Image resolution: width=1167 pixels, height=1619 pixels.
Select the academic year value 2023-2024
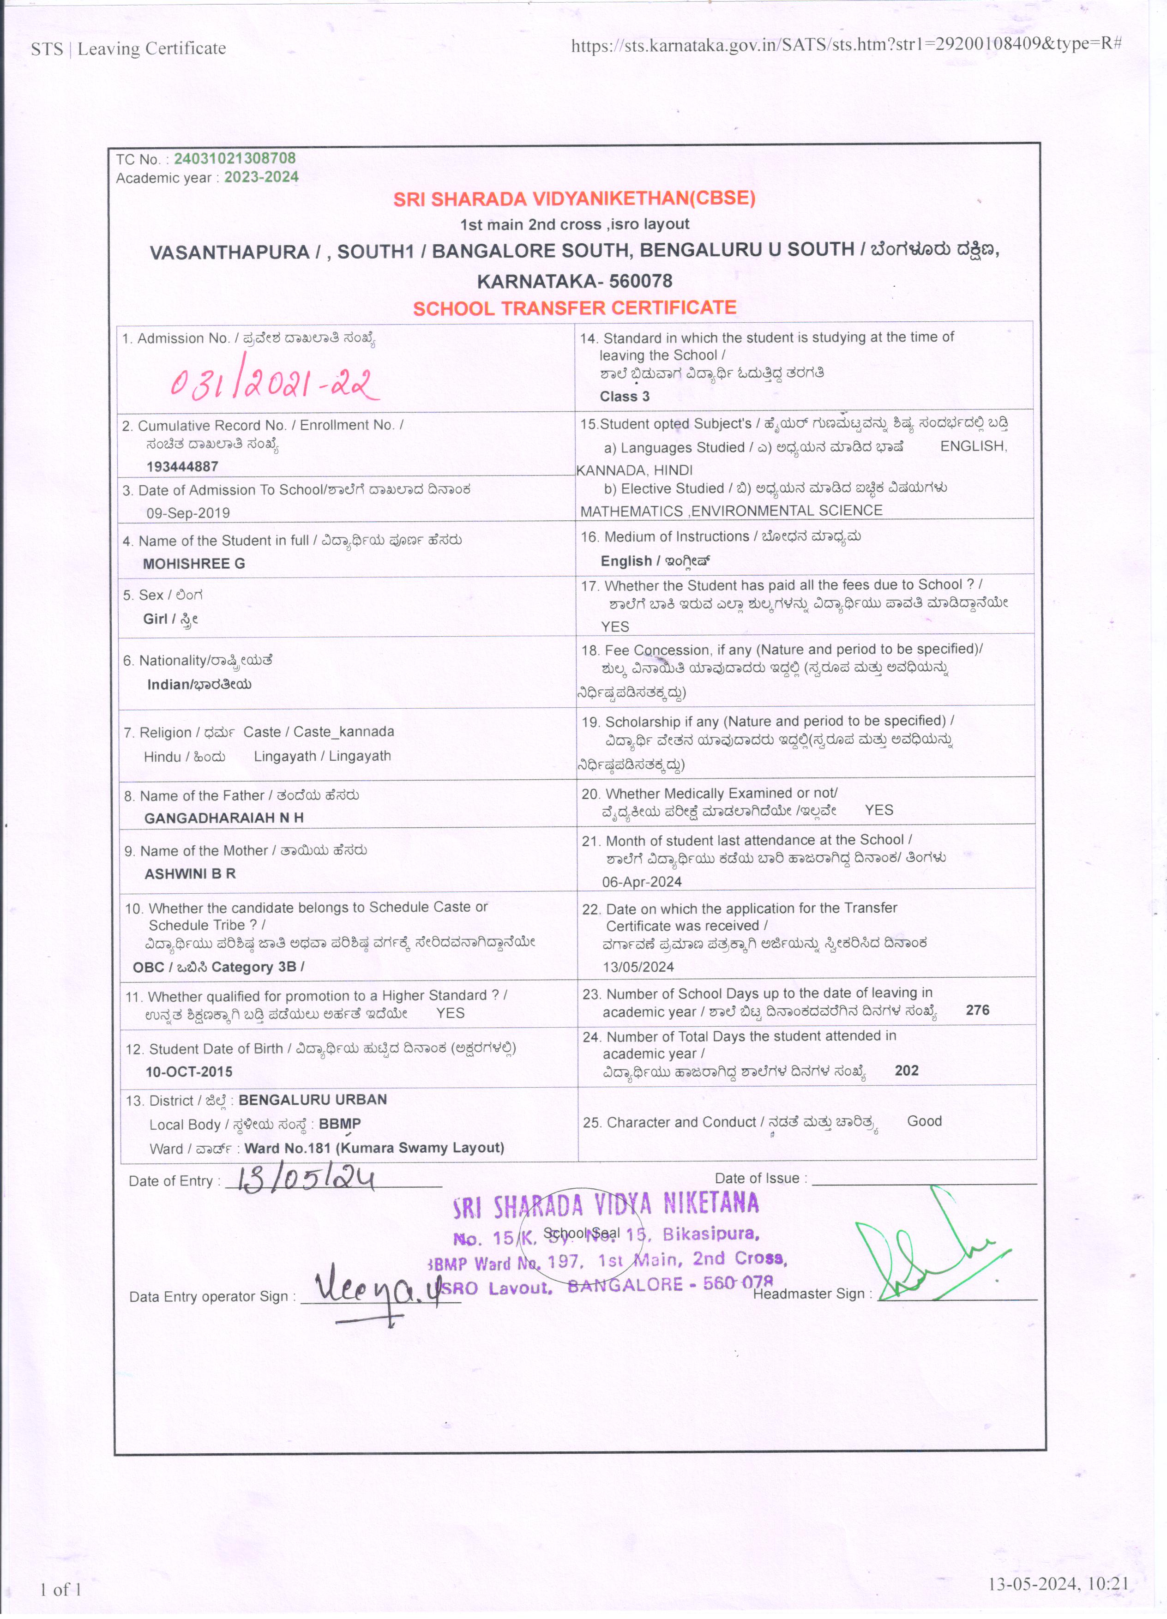(261, 177)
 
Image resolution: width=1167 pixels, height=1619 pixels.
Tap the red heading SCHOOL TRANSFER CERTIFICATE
(575, 308)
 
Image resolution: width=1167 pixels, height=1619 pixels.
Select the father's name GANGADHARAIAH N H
(223, 818)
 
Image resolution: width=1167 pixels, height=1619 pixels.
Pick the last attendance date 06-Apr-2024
(642, 882)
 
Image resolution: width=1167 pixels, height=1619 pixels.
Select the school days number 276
(977, 1010)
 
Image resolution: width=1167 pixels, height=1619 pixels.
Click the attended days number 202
(907, 1070)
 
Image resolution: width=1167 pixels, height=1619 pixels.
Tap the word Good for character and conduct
(924, 1121)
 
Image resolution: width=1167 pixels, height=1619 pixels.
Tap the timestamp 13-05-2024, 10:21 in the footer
(1058, 1583)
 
